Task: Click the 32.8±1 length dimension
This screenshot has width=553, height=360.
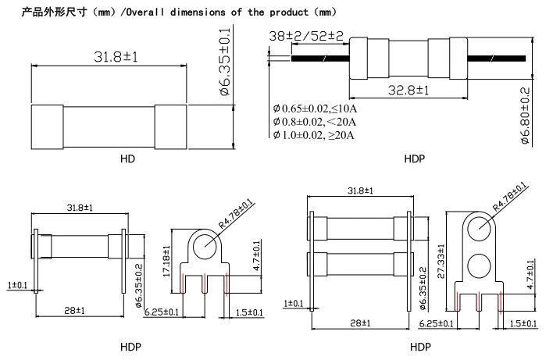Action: tap(409, 91)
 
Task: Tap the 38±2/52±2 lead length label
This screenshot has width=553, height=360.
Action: tap(305, 36)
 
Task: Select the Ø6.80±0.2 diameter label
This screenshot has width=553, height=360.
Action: tap(526, 116)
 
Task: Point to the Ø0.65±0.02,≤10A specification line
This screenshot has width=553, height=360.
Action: tap(315, 109)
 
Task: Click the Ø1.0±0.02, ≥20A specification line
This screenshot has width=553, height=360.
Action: tap(313, 135)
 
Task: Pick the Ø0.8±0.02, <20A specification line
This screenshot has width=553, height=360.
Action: tap(314, 122)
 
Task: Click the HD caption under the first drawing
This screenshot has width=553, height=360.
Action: tap(127, 159)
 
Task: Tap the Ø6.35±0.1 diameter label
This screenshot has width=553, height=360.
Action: tap(225, 62)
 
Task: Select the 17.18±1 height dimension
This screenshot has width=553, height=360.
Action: tap(166, 261)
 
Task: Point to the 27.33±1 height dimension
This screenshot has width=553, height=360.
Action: tap(441, 262)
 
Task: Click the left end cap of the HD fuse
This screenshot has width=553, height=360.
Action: tap(48, 127)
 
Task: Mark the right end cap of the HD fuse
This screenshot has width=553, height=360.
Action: tap(171, 127)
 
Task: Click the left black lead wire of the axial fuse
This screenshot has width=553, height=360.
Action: tap(320, 59)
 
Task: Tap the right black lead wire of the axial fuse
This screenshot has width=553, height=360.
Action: tap(497, 59)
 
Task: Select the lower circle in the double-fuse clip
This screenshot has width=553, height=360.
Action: tap(479, 265)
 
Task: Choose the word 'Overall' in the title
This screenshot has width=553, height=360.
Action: tap(145, 12)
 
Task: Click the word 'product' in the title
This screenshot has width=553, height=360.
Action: tap(289, 12)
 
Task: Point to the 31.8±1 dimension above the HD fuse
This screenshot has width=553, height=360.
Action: tap(116, 57)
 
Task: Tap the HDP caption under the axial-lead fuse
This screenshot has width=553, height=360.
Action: tap(415, 159)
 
